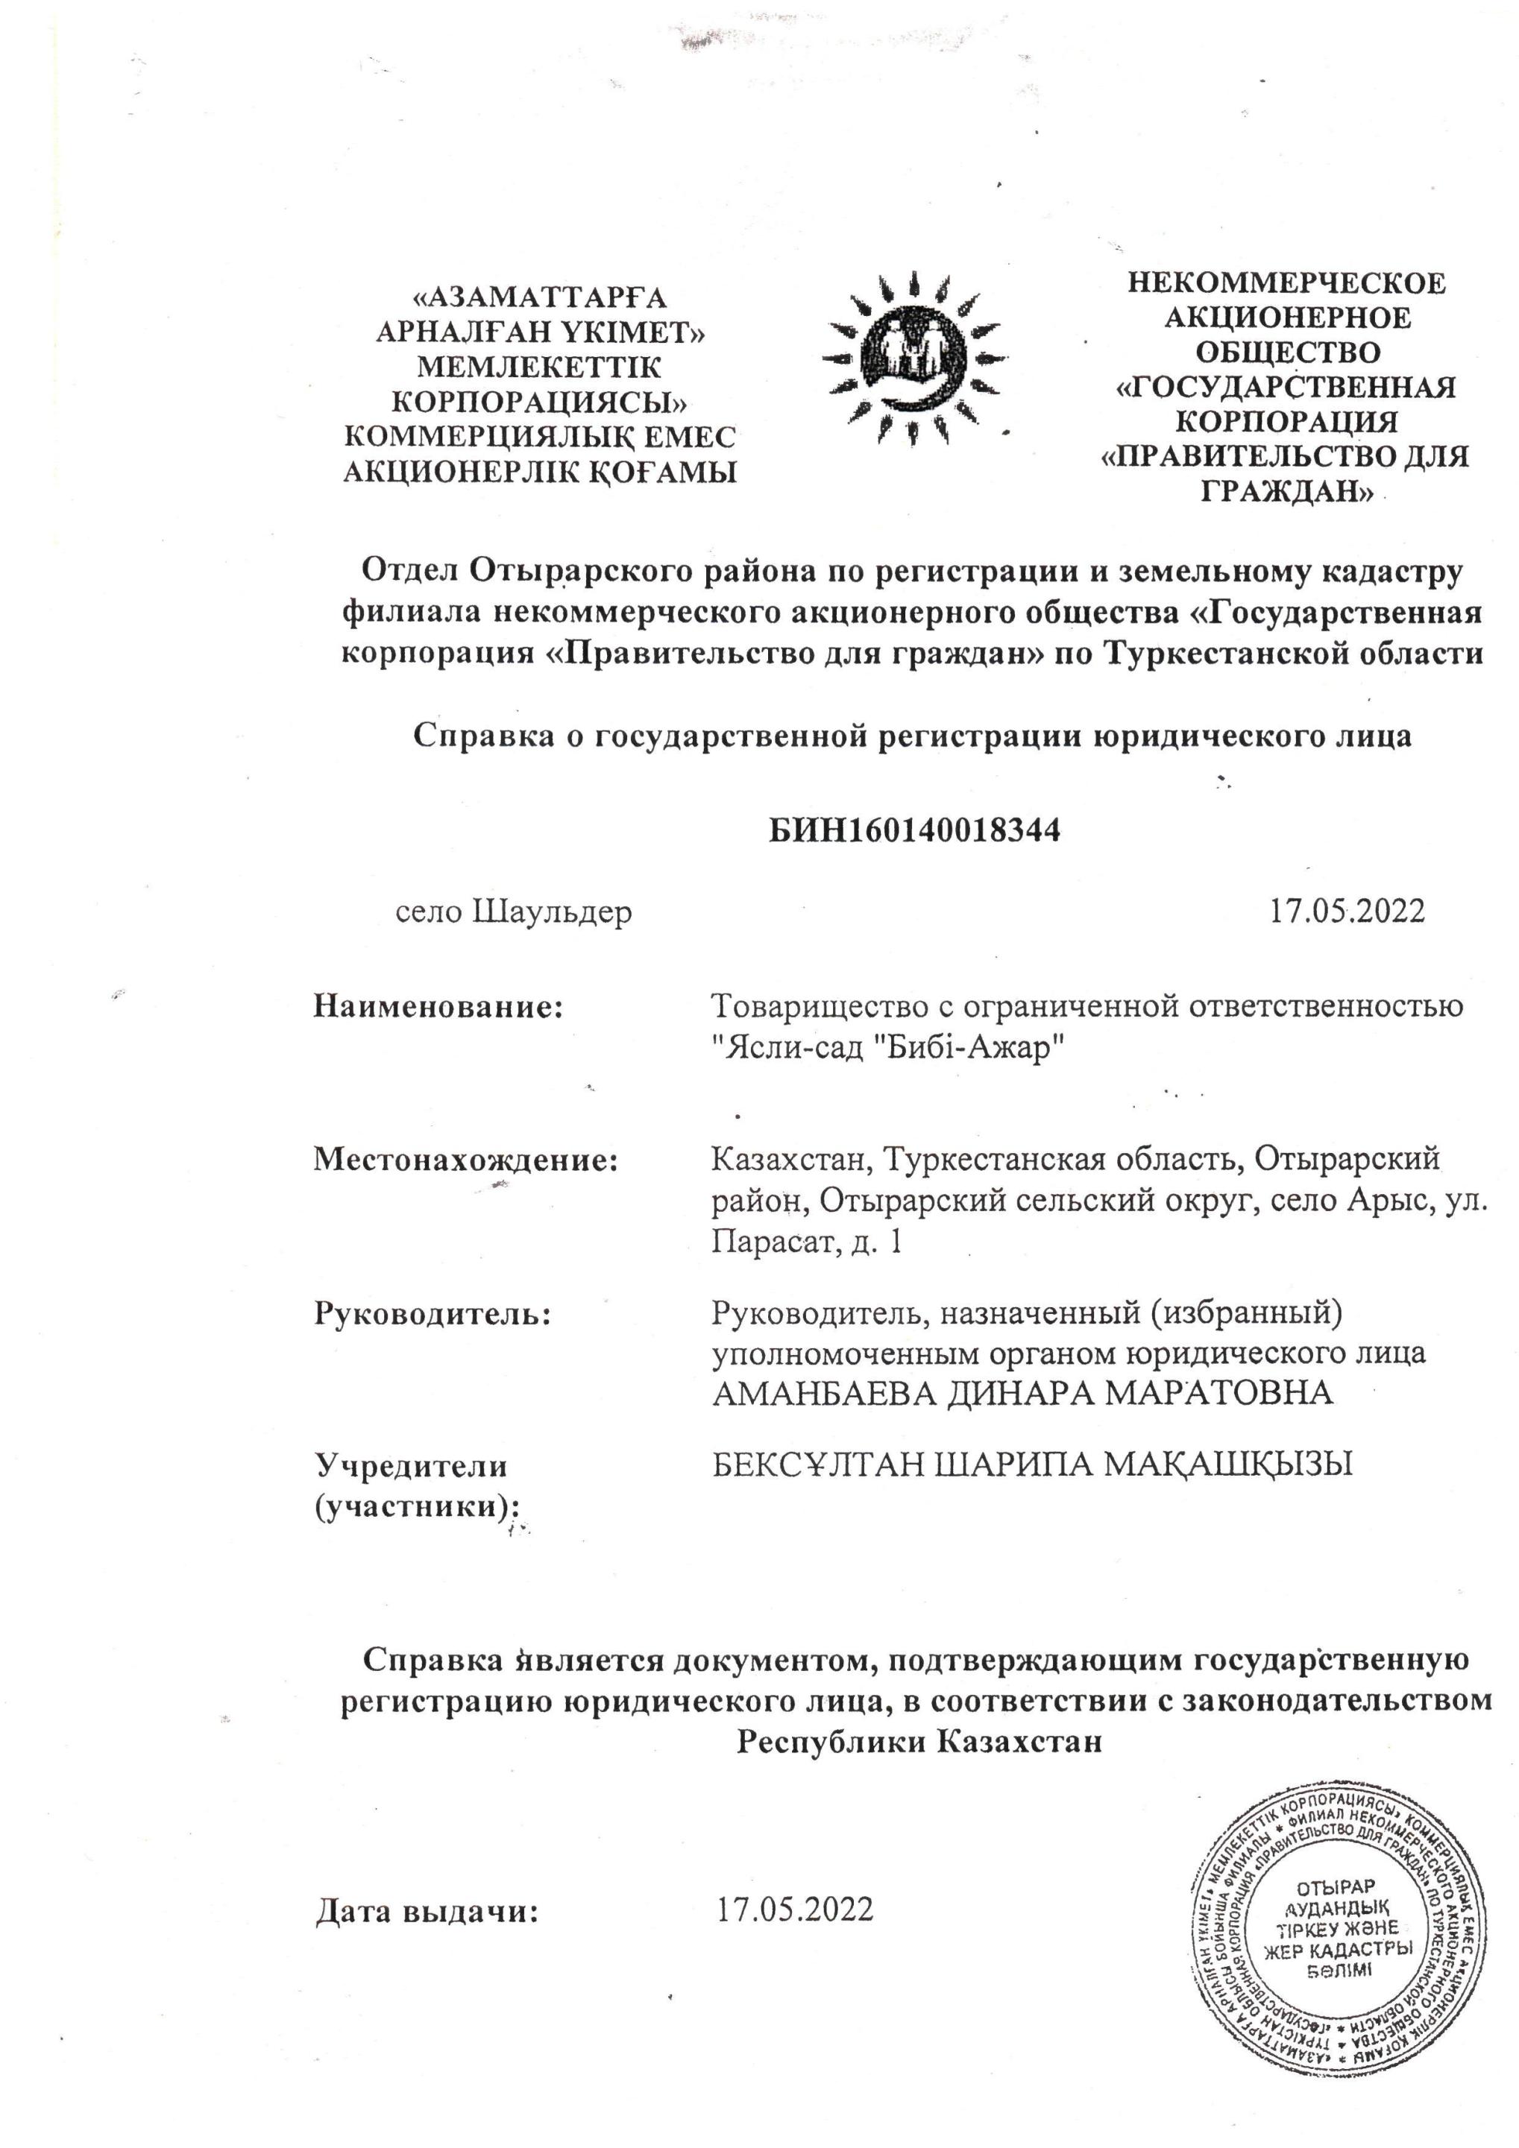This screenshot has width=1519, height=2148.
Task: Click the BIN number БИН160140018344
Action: tap(914, 830)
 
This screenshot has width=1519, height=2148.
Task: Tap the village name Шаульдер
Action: tap(552, 912)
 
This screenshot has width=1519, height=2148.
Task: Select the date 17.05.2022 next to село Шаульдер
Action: tap(1346, 910)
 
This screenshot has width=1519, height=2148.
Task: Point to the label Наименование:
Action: tap(444, 1007)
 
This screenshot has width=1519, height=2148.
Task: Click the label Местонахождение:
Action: tap(466, 1160)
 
